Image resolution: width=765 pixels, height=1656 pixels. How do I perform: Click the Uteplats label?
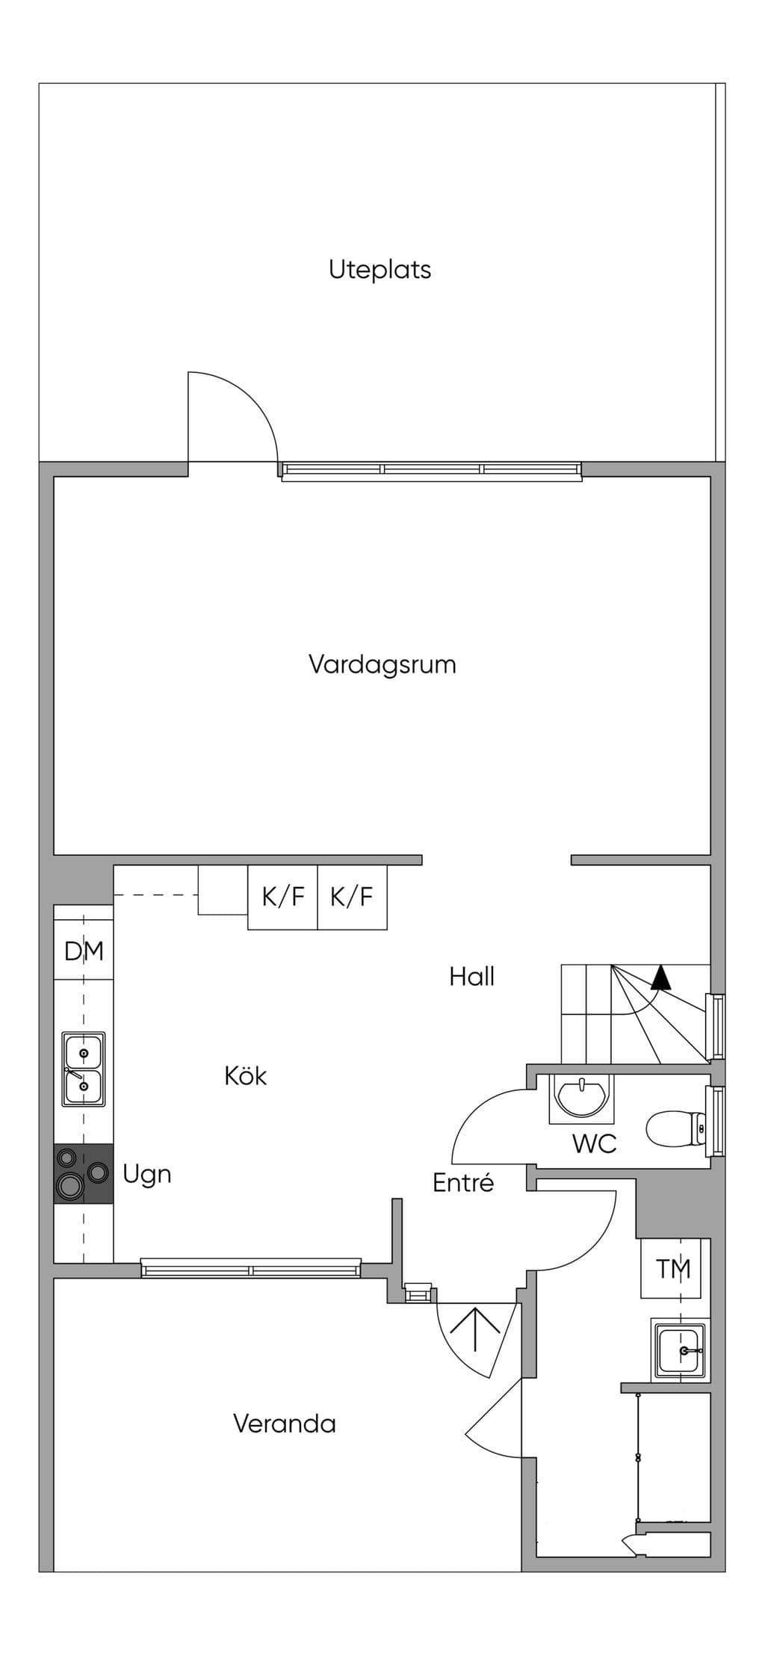click(380, 269)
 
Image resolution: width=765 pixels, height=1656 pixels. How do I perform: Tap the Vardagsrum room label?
click(382, 664)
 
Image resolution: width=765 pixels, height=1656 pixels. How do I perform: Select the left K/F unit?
click(282, 897)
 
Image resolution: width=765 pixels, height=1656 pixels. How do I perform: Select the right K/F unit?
click(352, 897)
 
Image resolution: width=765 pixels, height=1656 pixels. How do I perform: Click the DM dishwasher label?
click(84, 951)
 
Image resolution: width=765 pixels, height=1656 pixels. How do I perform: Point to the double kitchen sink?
click(84, 1069)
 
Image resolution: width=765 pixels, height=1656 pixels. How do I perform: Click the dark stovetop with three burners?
click(84, 1174)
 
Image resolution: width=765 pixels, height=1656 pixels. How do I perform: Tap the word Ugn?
click(147, 1175)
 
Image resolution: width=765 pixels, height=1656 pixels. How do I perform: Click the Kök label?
click(246, 1076)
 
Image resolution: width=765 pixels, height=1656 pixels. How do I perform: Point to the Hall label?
click(472, 977)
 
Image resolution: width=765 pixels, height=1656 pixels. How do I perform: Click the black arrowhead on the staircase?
click(660, 977)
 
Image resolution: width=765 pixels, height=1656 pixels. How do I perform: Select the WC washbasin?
click(582, 1098)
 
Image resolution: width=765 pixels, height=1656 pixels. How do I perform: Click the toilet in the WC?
click(676, 1128)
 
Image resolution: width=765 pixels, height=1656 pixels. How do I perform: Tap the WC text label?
click(595, 1144)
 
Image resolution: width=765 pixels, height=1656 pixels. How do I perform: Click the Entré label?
click(463, 1183)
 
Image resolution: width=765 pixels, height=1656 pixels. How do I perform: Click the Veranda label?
click(285, 1424)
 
